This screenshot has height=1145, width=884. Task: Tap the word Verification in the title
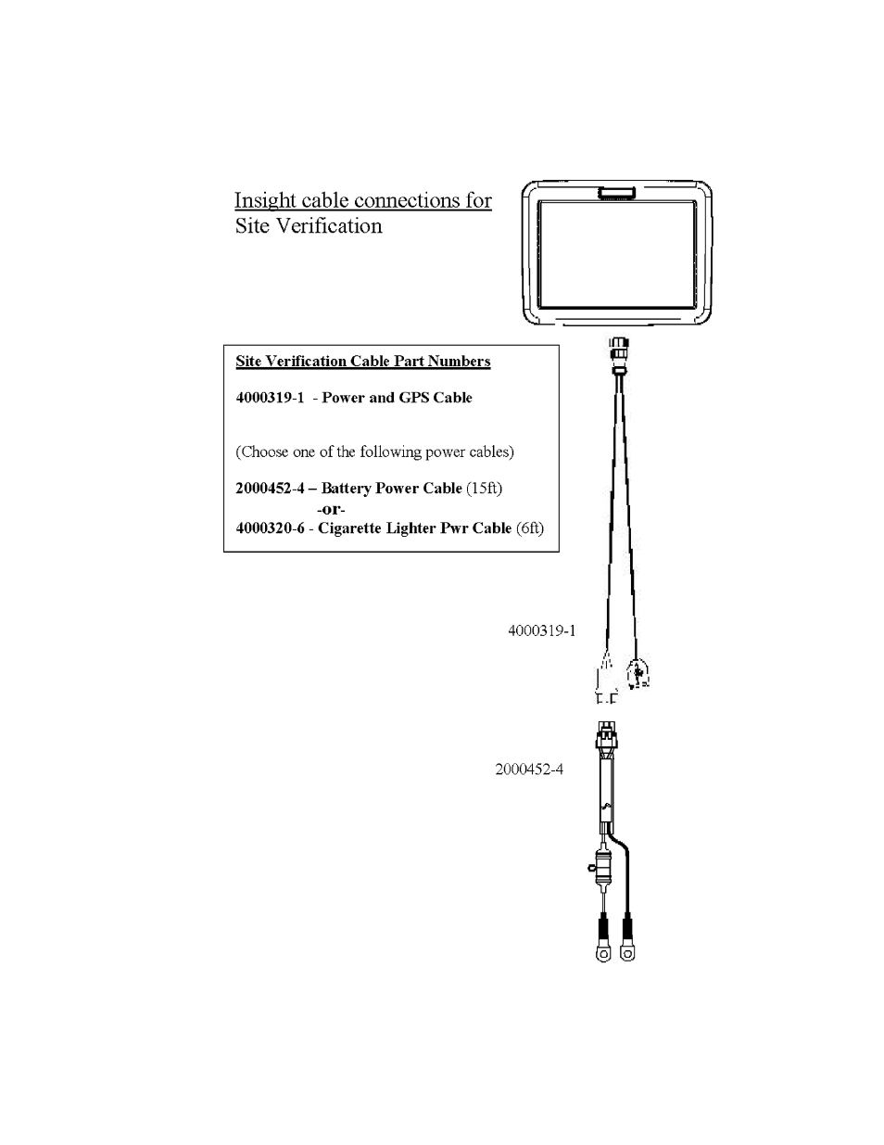coord(330,226)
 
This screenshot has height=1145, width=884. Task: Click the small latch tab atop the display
coord(616,193)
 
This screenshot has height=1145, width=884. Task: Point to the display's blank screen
coord(617,254)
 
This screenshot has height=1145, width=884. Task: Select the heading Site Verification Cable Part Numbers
coord(362,362)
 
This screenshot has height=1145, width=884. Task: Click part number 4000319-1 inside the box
coord(270,398)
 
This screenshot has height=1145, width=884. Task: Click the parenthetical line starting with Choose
coord(374,452)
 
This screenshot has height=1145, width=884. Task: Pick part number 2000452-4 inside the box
coord(270,489)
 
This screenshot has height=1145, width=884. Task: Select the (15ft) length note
coord(485,489)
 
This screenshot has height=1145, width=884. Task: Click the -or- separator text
coord(331,510)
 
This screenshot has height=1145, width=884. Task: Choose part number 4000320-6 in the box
coord(270,528)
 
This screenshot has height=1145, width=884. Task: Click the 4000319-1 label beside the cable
coord(542,630)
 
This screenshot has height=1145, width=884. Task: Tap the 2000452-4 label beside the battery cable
coord(529,770)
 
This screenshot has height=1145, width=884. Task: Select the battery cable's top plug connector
coord(606,736)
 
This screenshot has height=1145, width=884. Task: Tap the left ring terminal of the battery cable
coord(603,954)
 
